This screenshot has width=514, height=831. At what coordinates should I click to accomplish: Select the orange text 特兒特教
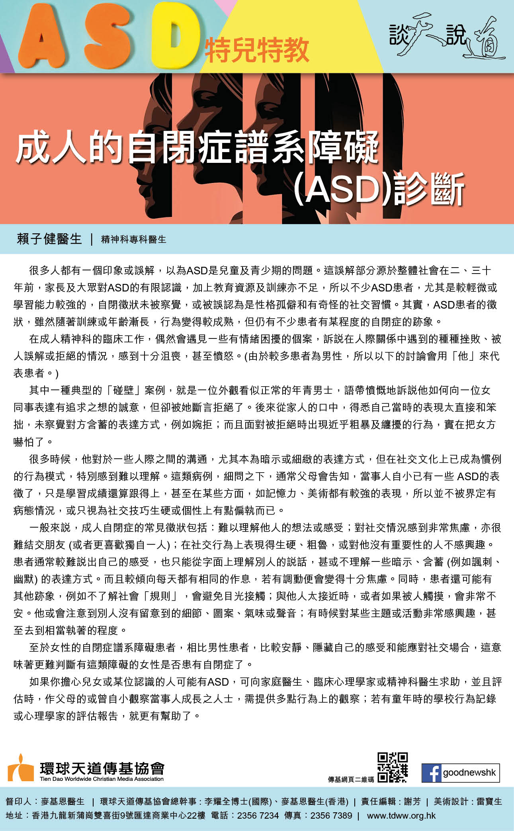point(257,50)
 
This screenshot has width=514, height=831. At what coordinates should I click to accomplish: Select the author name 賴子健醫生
point(49,239)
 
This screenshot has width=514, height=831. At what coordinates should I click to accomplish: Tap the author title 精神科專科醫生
point(134,240)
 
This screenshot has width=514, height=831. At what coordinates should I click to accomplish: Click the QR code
point(392,767)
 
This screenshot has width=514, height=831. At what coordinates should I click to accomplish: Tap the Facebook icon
point(432,773)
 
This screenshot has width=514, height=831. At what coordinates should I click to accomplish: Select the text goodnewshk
point(469,772)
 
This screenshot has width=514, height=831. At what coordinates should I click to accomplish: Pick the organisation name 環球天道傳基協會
point(102,768)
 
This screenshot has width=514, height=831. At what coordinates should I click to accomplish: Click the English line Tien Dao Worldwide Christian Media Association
point(102,779)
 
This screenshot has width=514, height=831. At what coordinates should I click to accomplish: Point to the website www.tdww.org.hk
point(401,816)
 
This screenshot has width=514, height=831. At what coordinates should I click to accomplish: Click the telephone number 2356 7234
point(258,816)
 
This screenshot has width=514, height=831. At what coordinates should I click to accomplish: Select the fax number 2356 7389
point(331,816)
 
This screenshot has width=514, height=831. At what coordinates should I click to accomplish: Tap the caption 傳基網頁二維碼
point(351,779)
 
